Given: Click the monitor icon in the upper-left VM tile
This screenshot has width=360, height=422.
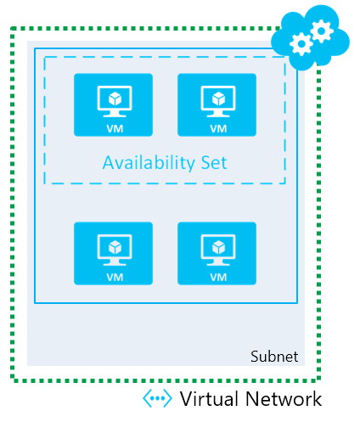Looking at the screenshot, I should click(x=113, y=100).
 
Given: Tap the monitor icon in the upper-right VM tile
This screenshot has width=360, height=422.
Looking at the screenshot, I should click(x=217, y=100).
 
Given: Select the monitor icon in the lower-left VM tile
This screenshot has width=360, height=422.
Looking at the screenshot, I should click(x=113, y=248).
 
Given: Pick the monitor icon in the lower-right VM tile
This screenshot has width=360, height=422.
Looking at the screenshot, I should click(x=217, y=248).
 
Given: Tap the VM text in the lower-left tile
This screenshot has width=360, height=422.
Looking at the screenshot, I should click(x=113, y=276).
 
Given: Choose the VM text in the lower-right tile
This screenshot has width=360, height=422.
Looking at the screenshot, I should click(x=217, y=276).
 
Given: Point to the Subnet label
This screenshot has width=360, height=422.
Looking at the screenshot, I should click(x=274, y=357).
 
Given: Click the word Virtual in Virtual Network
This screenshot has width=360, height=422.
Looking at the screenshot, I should click(x=204, y=399).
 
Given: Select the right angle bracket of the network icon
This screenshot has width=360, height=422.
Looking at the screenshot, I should click(x=169, y=399).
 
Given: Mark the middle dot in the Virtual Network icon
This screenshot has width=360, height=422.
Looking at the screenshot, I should click(x=157, y=399).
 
